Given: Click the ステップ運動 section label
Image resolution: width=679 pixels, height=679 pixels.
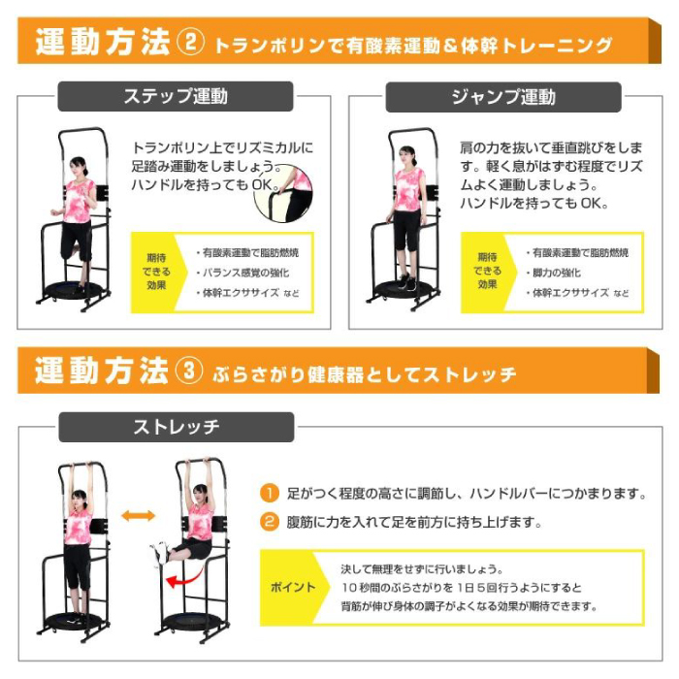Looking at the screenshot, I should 176,96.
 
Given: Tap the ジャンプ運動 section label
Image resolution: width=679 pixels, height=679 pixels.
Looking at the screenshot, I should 503,96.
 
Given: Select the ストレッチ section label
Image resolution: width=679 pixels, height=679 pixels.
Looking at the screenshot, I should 176,427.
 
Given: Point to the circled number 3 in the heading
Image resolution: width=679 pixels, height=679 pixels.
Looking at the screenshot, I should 189,372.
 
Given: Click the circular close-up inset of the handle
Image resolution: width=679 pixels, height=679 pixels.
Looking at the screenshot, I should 283,195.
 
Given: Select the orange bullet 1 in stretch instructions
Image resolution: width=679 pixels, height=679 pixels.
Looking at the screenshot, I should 271,493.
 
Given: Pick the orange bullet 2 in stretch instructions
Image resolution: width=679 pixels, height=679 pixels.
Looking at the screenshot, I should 271,522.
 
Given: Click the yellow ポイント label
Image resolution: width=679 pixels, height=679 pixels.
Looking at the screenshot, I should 292,588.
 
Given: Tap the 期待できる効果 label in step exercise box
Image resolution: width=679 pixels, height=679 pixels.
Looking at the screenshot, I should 158,272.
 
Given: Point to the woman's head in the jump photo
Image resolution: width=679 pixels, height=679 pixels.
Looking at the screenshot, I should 406,155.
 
